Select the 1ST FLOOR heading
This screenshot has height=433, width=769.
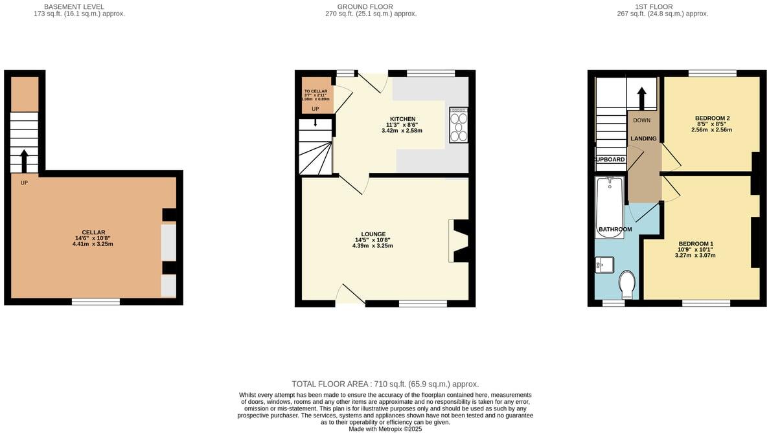(x=662, y=6)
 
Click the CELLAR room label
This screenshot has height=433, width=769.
(x=93, y=232)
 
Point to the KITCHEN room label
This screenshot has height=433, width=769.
(x=402, y=119)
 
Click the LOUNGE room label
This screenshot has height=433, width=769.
(x=373, y=234)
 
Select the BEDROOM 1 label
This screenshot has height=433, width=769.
(x=694, y=243)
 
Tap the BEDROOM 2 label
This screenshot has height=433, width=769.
(x=712, y=118)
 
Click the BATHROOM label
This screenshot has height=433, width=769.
(x=615, y=229)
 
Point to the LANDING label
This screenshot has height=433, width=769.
(x=643, y=139)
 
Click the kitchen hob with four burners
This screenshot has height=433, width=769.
(x=459, y=124)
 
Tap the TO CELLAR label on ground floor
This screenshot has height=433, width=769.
(x=316, y=91)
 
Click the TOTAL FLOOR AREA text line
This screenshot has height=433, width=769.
(x=385, y=384)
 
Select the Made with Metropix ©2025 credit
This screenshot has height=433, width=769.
(x=385, y=428)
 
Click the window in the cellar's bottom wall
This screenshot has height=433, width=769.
(x=95, y=301)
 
